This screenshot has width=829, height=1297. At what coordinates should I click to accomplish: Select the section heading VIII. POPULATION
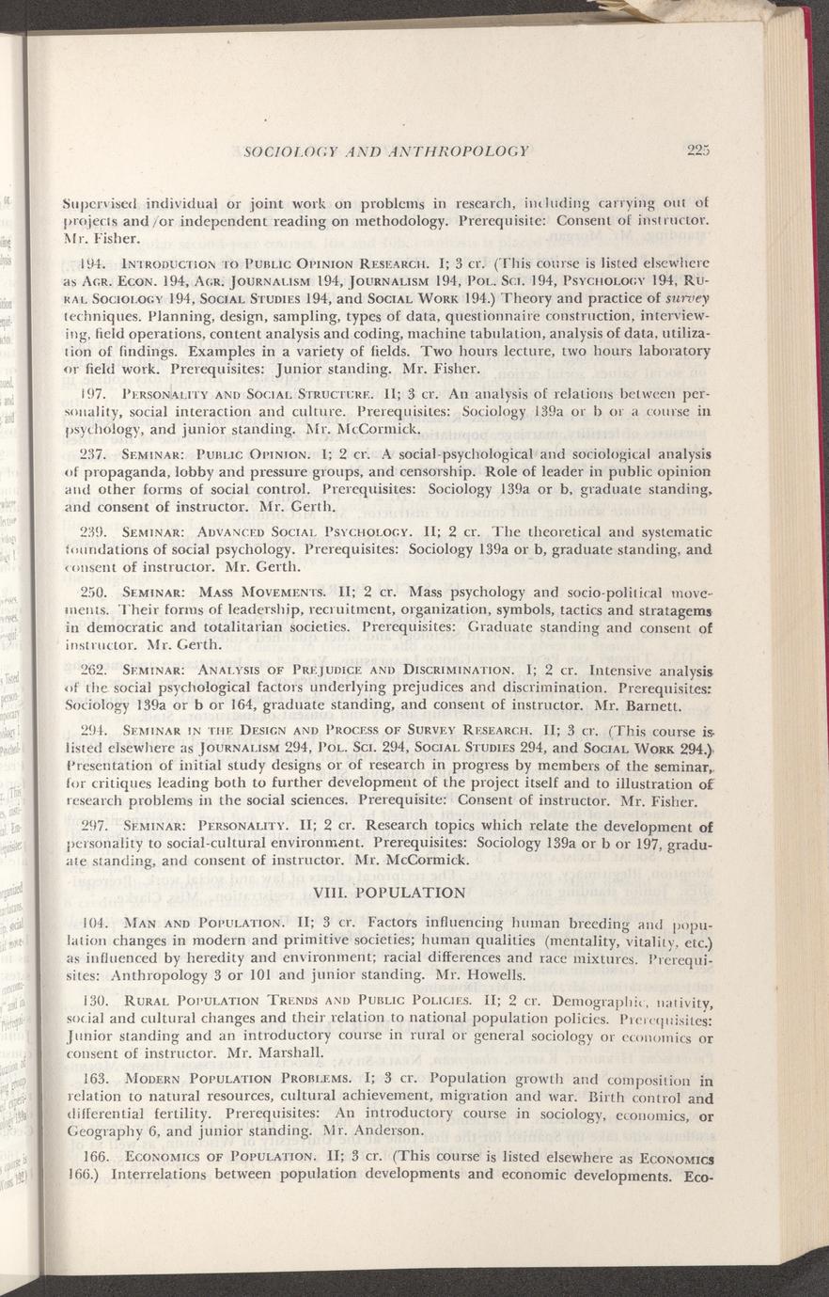386,892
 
